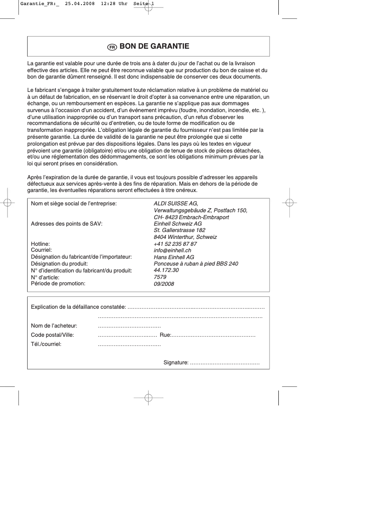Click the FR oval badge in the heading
[112, 47]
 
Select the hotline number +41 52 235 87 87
[175, 244]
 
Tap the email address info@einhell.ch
[173, 251]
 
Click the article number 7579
[160, 277]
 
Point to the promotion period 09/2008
[164, 284]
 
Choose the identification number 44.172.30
[166, 271]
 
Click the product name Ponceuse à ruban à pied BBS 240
[196, 264]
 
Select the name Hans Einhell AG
[173, 257]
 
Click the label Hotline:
[40, 244]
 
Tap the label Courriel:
[41, 250]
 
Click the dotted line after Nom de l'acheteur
[129, 326]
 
